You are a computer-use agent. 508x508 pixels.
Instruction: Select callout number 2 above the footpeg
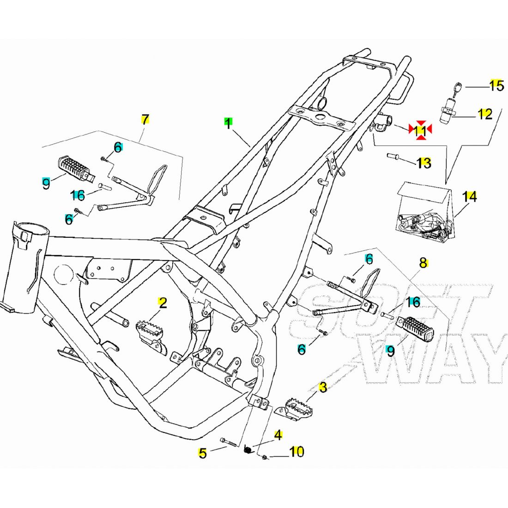[162, 303]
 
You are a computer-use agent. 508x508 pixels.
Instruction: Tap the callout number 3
[323, 387]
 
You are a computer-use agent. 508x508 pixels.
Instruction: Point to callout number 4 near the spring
[278, 435]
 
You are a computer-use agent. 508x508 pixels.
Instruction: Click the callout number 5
[202, 454]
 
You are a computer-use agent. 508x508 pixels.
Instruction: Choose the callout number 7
[145, 120]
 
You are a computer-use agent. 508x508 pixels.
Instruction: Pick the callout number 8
[423, 263]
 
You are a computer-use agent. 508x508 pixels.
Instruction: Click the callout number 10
[297, 451]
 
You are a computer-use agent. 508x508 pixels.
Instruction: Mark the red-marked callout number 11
[420, 131]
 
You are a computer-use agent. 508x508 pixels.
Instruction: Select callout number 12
[484, 114]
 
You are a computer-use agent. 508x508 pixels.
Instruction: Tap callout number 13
[423, 163]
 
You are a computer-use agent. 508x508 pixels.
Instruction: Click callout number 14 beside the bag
[470, 197]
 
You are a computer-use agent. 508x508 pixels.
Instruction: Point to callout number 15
[496, 85]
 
